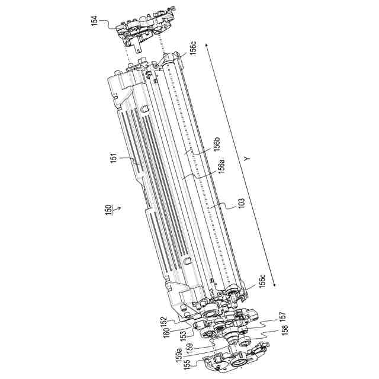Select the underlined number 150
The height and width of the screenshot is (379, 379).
[107, 209]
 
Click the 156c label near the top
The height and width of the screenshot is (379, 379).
[193, 47]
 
